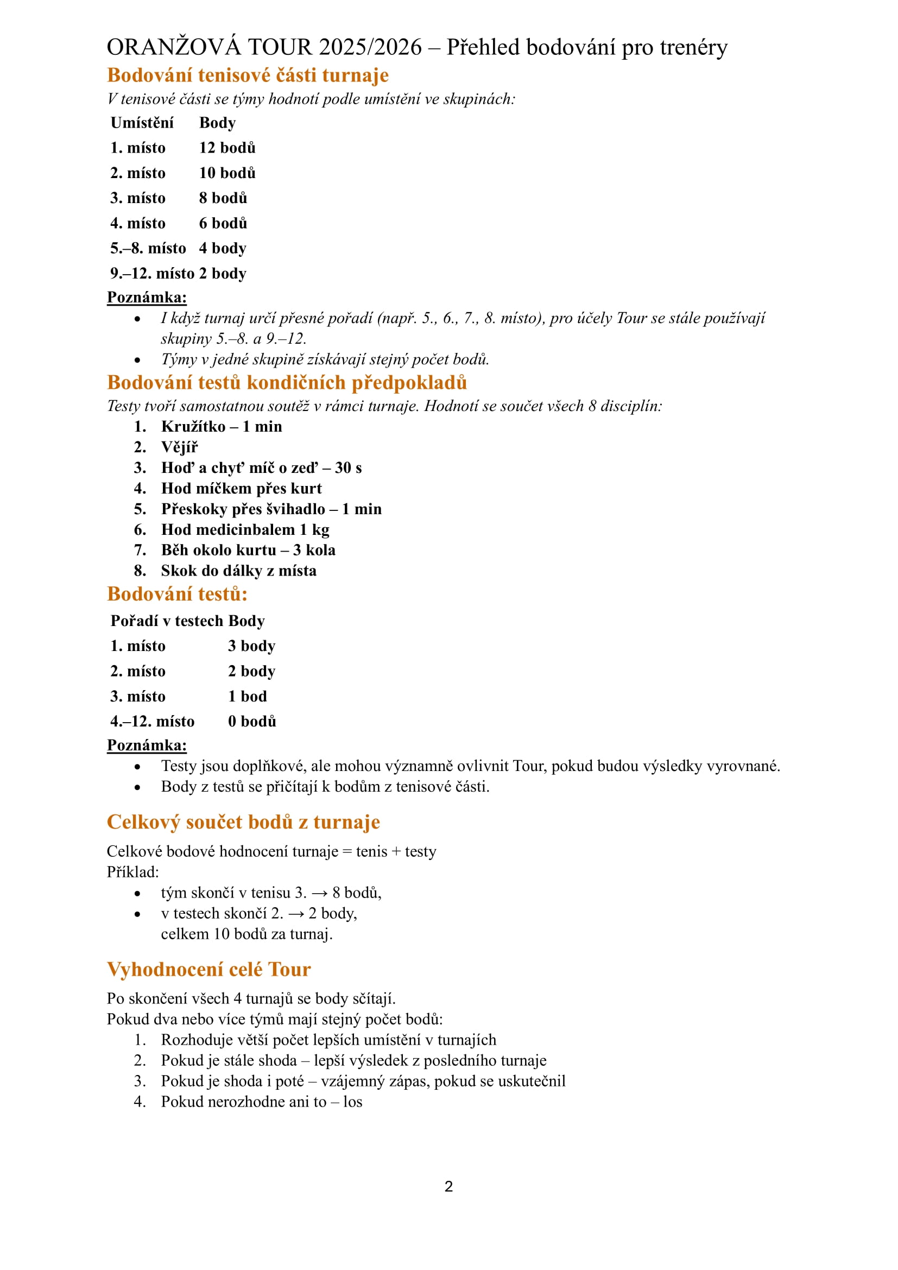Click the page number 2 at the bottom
448,1186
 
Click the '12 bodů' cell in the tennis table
227,148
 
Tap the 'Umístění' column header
142,123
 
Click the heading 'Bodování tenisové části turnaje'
248,75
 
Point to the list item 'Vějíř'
179,447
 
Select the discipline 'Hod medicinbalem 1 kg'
245,529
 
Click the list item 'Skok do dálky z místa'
238,570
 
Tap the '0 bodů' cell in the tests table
251,721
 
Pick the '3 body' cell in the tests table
251,646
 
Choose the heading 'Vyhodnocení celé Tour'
208,969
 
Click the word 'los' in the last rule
353,1101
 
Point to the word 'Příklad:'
132,873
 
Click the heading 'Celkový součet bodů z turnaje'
243,822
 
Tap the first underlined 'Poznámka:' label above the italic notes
147,298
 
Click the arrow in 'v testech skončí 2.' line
296,914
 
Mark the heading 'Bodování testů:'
177,594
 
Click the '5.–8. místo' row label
148,248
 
